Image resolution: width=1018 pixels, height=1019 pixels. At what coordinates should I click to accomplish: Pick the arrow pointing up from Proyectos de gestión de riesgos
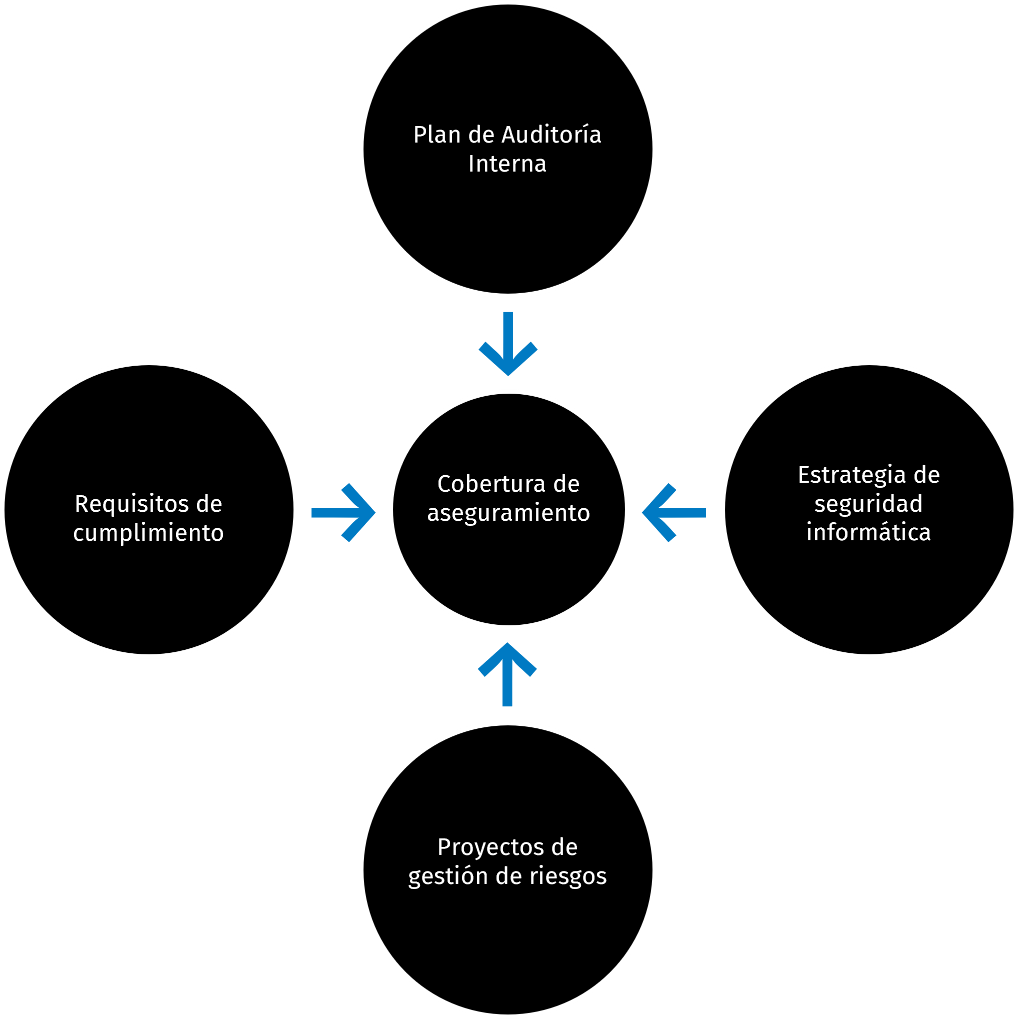tap(507, 675)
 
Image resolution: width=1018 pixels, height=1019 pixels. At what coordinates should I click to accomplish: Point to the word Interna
tap(507, 164)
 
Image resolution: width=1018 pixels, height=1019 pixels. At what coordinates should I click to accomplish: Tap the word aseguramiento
tap(508, 513)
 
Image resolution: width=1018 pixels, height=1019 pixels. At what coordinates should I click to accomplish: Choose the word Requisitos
tap(132, 504)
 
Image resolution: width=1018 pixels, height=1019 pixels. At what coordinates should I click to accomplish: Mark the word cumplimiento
tap(148, 533)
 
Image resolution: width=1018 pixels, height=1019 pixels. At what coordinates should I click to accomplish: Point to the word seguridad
tap(868, 504)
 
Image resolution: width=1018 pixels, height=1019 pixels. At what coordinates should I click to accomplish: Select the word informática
tap(868, 533)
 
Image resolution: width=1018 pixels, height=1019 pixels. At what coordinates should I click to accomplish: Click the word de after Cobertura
tap(566, 484)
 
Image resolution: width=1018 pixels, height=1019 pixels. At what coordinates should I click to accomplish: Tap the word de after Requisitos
tap(209, 504)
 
